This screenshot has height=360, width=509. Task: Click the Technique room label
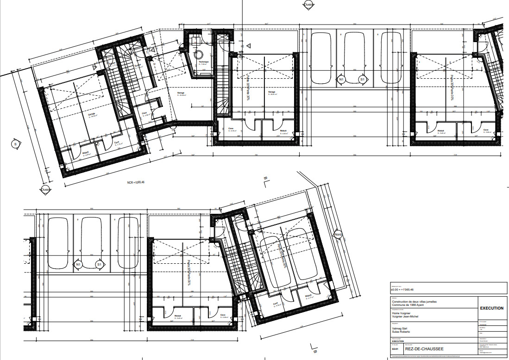(x=204, y=62)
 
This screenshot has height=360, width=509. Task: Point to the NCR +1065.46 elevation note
(x=136, y=183)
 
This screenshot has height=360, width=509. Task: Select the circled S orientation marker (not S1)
(x=15, y=144)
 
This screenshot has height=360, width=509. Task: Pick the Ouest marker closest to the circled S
(x=45, y=189)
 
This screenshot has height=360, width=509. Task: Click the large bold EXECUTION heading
(x=491, y=308)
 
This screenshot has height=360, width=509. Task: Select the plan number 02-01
(x=395, y=350)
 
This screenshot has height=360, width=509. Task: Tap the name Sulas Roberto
(x=401, y=332)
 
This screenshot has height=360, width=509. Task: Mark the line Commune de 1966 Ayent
(x=409, y=305)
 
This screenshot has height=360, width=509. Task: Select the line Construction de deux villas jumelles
(x=415, y=301)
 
